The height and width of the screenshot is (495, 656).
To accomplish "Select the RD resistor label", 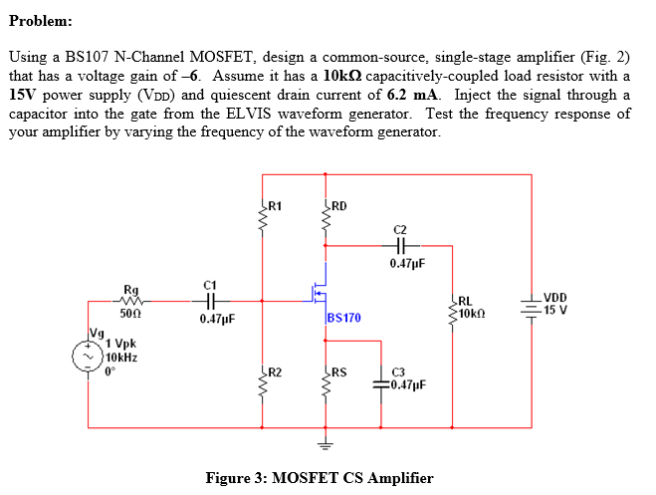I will [338, 207].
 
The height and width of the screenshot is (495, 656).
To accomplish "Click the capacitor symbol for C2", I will [402, 245].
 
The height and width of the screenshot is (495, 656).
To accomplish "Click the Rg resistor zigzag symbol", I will [132, 299].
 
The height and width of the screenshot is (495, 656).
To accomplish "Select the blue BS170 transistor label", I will [343, 318].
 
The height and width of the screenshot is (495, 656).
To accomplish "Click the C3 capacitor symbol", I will [381, 382].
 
